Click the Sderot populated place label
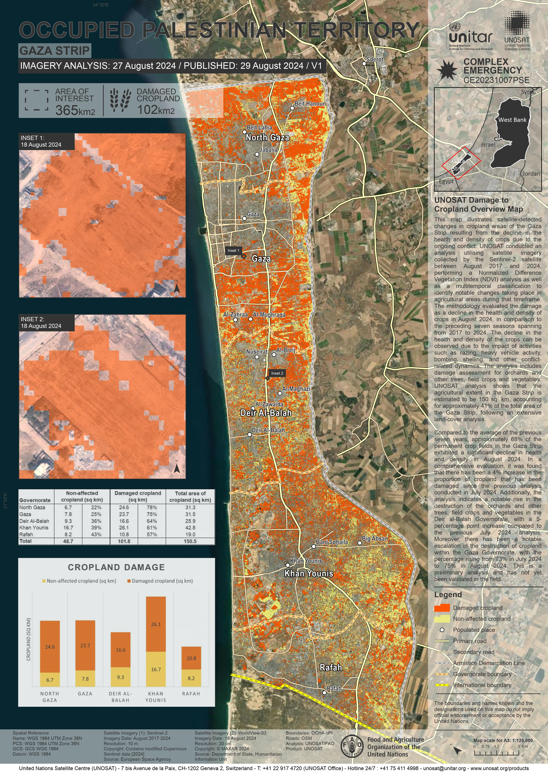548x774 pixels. [375, 59]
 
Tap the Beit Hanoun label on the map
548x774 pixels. [310, 104]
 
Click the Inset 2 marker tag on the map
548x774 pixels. [277, 373]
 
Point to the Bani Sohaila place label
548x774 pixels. [332, 542]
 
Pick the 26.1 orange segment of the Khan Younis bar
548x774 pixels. [156, 624]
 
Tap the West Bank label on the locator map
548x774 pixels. [512, 120]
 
